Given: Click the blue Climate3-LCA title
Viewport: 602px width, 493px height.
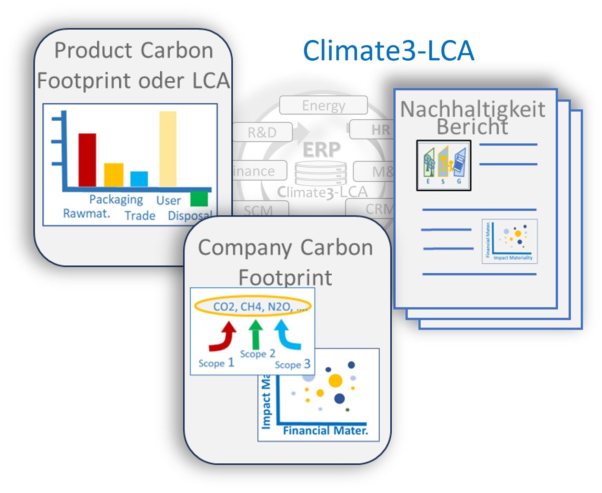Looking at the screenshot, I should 388,51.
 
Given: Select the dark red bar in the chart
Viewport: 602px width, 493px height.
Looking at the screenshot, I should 87,160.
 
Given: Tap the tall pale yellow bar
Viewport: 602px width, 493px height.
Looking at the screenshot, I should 168,149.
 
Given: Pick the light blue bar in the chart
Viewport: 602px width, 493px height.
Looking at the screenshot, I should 139,179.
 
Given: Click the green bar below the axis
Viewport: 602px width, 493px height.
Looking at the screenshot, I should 199,199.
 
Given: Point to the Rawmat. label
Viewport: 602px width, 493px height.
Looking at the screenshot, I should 87,213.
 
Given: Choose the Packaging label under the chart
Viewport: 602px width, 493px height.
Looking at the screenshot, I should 116,200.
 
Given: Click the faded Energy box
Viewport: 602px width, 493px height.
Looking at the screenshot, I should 323,105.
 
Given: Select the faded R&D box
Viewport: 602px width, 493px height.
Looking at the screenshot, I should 262,132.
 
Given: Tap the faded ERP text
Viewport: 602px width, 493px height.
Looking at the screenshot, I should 321,150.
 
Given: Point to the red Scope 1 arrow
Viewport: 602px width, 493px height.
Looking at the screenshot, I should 223,336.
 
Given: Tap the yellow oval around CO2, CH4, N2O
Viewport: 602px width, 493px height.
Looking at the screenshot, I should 253,306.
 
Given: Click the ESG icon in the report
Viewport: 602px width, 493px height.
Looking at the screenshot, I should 443,165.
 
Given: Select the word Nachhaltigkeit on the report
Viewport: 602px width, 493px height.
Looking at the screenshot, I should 473,109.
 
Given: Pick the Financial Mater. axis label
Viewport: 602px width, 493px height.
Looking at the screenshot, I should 325,431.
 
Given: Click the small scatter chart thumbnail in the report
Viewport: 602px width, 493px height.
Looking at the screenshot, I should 509,241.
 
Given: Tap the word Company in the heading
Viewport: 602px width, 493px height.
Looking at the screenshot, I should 245,248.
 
